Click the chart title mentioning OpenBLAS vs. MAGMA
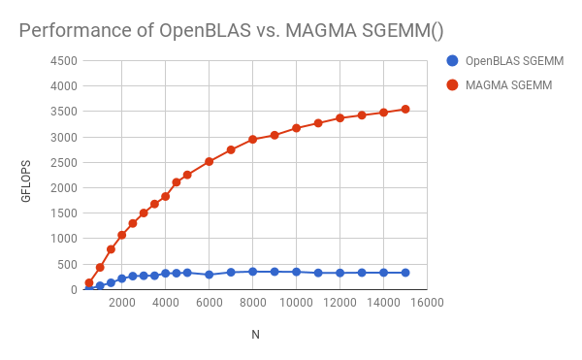(x=231, y=30)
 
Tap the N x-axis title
(x=255, y=335)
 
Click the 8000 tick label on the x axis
(x=252, y=303)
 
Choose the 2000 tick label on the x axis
(x=121, y=303)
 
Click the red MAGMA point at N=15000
(x=405, y=109)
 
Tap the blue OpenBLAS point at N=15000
(x=405, y=273)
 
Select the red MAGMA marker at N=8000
(x=252, y=140)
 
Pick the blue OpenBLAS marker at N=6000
(x=209, y=275)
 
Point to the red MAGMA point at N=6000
(x=209, y=161)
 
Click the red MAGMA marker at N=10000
(x=296, y=128)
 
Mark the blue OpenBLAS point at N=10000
(x=296, y=272)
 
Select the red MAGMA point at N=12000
(x=339, y=118)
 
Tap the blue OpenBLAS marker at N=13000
(x=362, y=273)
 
